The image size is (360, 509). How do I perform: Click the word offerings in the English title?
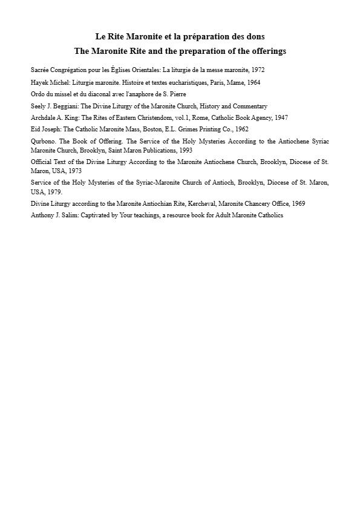pyautogui.click(x=264, y=51)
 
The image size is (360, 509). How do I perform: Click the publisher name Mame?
pyautogui.click(x=216, y=82)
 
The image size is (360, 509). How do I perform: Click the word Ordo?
pyautogui.click(x=38, y=94)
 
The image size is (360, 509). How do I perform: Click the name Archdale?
pyautogui.click(x=43, y=117)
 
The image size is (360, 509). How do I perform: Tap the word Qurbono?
pyautogui.click(x=43, y=141)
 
